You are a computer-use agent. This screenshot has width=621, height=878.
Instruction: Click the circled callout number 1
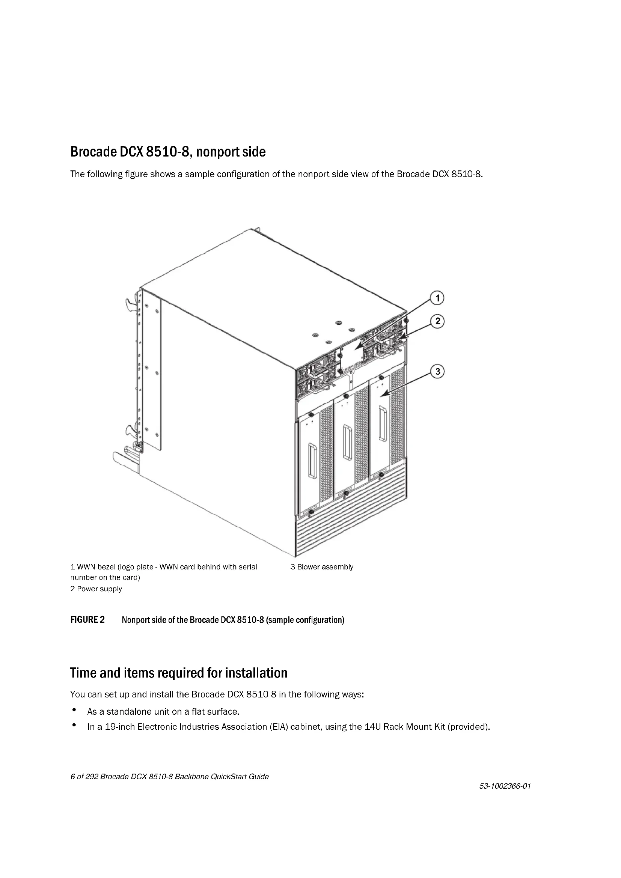(x=437, y=298)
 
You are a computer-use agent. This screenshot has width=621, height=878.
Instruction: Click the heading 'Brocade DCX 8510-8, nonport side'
(x=168, y=152)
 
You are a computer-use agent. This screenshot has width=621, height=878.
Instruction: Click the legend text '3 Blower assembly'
(x=322, y=567)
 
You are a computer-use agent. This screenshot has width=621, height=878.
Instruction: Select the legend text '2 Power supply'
(x=96, y=589)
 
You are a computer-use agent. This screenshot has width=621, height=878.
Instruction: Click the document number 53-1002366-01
(x=505, y=787)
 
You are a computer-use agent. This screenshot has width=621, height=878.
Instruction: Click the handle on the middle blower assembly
(x=348, y=442)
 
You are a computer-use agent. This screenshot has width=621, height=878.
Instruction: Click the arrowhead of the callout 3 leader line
(x=381, y=395)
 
